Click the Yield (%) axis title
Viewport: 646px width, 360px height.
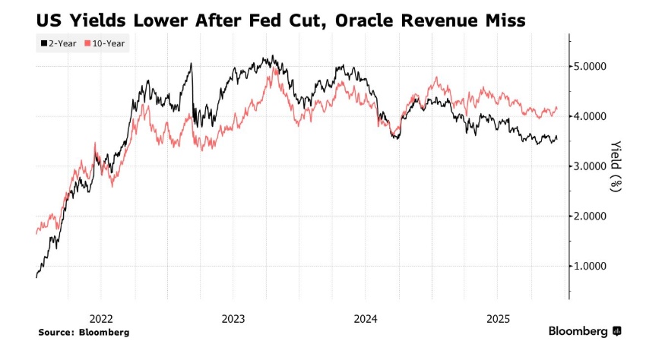click(617, 166)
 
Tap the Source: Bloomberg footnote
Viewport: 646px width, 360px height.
click(83, 333)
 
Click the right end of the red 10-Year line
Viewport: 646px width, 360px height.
click(557, 109)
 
